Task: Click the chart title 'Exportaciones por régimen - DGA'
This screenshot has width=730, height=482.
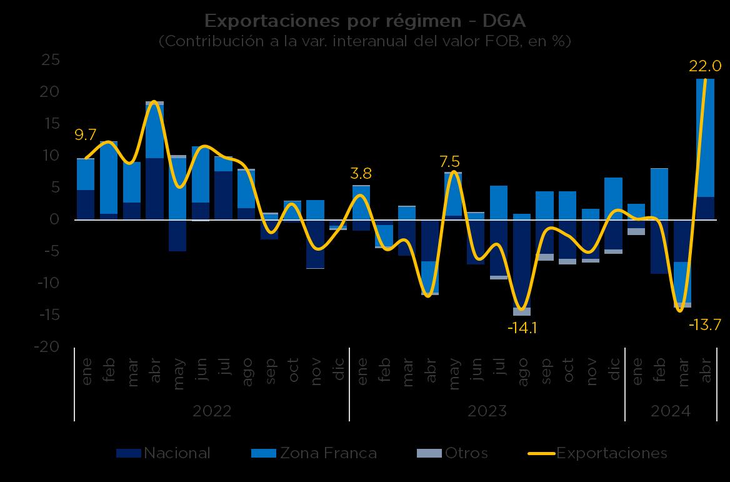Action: (x=365, y=21)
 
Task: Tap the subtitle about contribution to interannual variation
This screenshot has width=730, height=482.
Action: (x=365, y=41)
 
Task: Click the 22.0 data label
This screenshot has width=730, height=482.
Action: (x=705, y=66)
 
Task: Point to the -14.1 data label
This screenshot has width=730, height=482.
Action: (x=522, y=328)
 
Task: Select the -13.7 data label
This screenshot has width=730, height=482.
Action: (x=705, y=324)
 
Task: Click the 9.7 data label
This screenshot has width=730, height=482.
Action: (x=85, y=134)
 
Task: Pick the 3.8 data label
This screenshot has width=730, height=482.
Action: (x=361, y=173)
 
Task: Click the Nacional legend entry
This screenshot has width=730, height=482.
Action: (x=164, y=453)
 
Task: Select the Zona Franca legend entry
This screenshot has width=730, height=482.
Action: (x=314, y=453)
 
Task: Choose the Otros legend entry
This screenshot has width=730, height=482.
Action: (x=452, y=453)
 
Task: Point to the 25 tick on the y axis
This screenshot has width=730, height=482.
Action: (x=50, y=60)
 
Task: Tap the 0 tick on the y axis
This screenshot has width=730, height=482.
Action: (x=55, y=219)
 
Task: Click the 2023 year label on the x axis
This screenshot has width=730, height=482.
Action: (x=487, y=411)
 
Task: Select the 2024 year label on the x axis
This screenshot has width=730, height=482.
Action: (x=671, y=411)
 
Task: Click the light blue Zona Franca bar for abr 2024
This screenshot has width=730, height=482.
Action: (x=705, y=138)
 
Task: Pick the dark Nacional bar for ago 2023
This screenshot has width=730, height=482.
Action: (x=522, y=263)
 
